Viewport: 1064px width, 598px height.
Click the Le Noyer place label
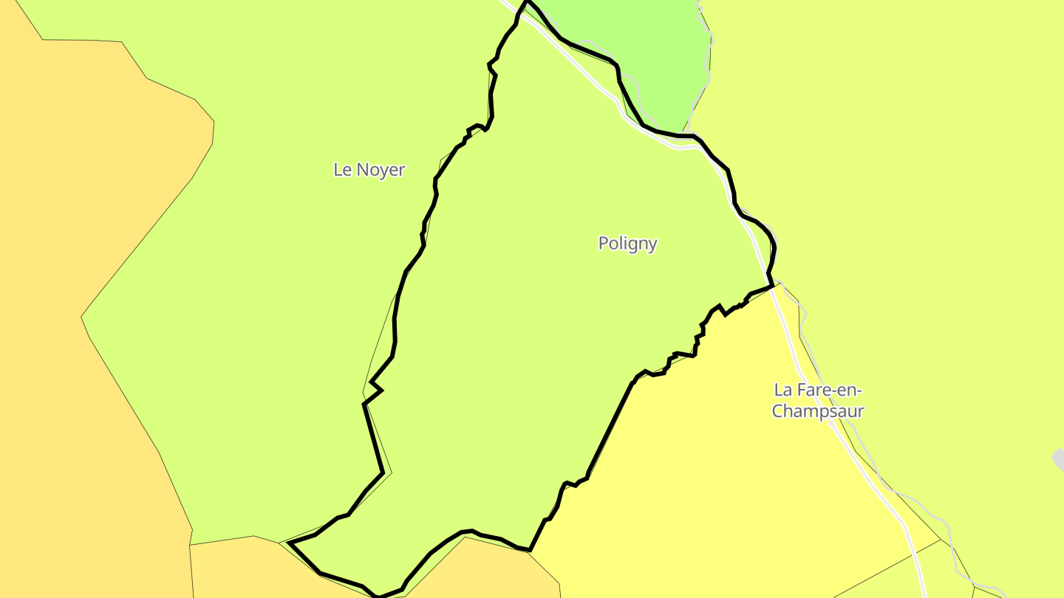coord(369,170)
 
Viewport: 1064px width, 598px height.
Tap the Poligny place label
coord(627,244)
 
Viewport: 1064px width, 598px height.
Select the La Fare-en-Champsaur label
coord(818,400)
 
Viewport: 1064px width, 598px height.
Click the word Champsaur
coord(818,411)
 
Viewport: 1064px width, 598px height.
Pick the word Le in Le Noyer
coord(341,170)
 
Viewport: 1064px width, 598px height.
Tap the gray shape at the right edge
coord(1059,459)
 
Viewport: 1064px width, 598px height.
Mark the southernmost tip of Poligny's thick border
coord(378,596)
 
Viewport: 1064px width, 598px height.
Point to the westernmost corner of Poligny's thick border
coord(290,543)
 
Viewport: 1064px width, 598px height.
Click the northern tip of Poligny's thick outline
coord(527,2)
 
